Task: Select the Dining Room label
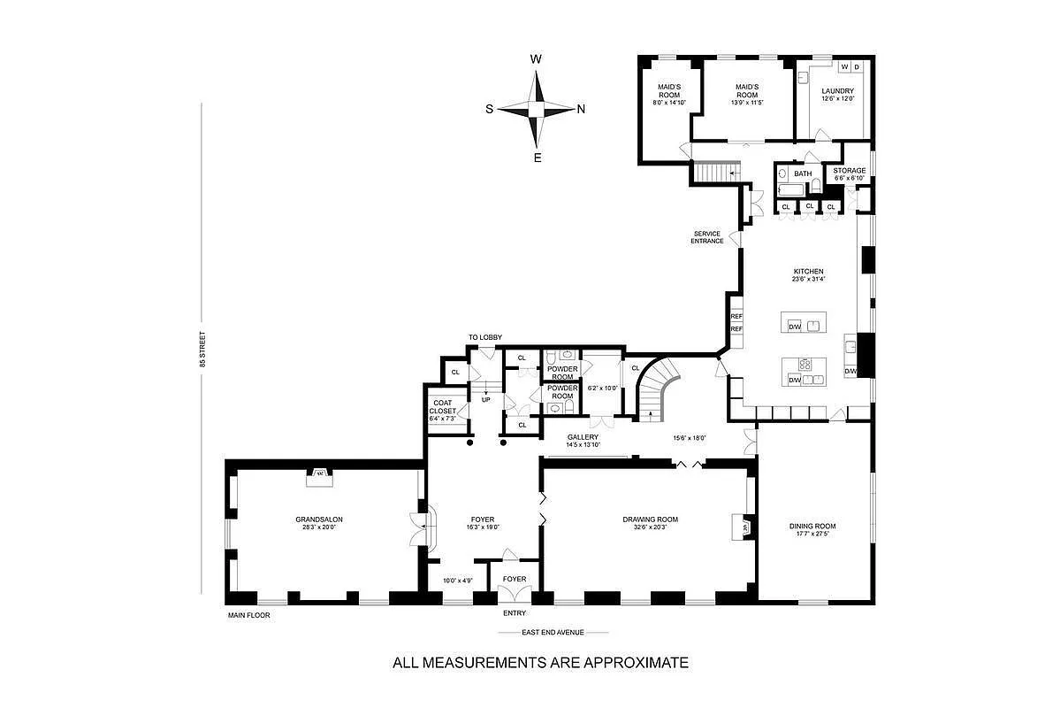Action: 812,526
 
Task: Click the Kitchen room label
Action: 808,271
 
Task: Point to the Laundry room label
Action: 836,91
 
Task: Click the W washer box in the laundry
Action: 844,67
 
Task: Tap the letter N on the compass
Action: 581,110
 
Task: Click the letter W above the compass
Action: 536,59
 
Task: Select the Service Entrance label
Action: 707,237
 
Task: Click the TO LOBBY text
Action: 485,337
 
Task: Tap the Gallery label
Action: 583,437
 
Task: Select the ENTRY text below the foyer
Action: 515,613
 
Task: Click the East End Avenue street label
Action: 553,633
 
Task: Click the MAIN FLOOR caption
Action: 248,614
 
